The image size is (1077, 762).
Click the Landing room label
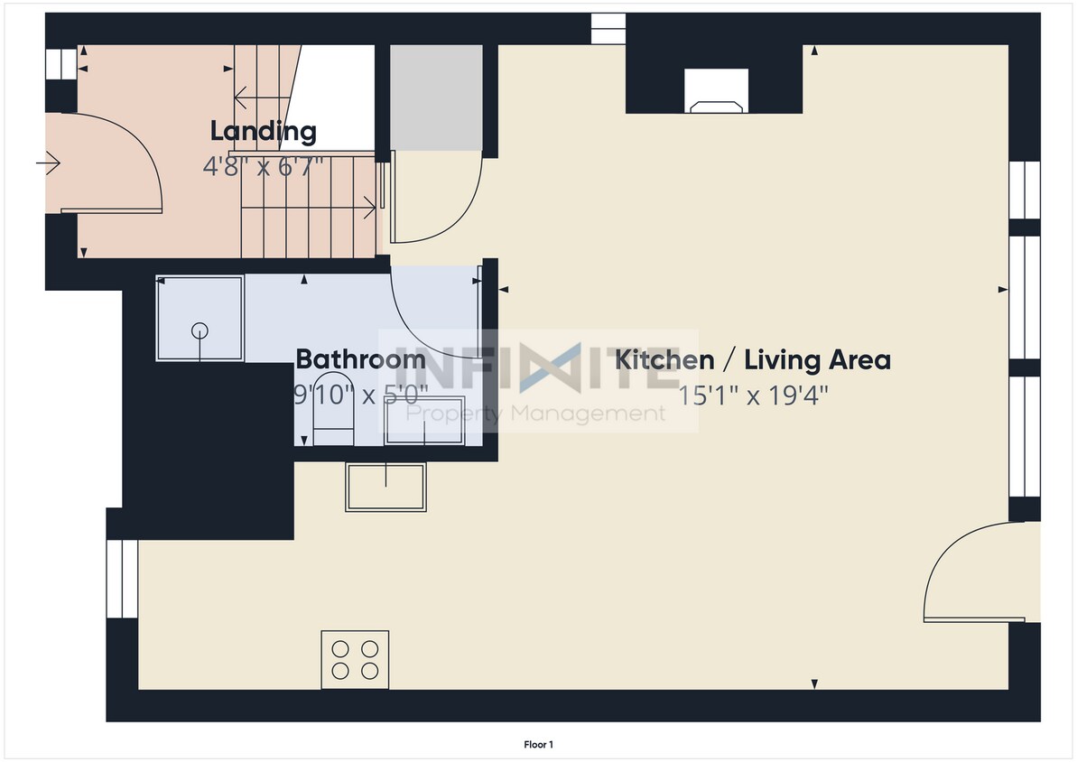tap(263, 131)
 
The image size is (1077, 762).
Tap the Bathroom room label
tap(360, 359)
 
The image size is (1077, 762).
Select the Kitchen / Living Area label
tap(753, 359)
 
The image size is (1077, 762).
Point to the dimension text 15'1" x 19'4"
tap(753, 395)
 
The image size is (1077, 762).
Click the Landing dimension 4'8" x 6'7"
tap(263, 166)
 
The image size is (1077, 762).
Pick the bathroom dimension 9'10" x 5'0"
tap(361, 395)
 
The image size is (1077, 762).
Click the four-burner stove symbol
tap(355, 660)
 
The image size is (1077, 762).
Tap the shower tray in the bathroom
tap(200, 318)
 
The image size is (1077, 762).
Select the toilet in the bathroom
tap(333, 410)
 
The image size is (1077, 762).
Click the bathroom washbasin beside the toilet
tap(424, 421)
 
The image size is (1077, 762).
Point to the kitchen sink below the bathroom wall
tap(386, 488)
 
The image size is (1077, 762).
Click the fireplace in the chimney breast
tap(717, 90)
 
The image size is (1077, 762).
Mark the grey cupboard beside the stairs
tap(436, 98)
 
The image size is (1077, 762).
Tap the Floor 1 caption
tap(538, 744)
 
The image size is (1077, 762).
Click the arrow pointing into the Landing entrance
tap(48, 163)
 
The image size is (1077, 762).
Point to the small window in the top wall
tap(608, 29)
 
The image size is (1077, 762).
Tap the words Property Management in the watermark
tap(535, 414)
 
